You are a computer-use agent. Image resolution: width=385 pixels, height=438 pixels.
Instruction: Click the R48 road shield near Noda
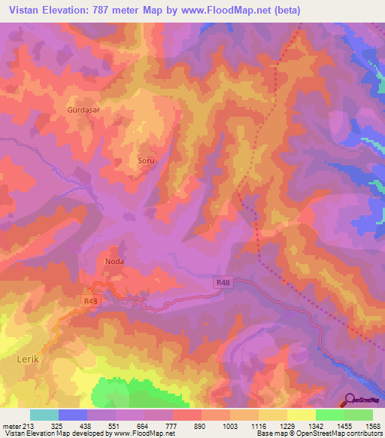click(91, 301)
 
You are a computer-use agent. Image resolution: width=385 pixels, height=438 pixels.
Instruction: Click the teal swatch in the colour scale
click(44, 415)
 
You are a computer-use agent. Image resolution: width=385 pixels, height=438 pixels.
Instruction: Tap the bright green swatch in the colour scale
click(329, 415)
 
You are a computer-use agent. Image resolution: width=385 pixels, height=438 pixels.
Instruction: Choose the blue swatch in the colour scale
click(73, 415)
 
